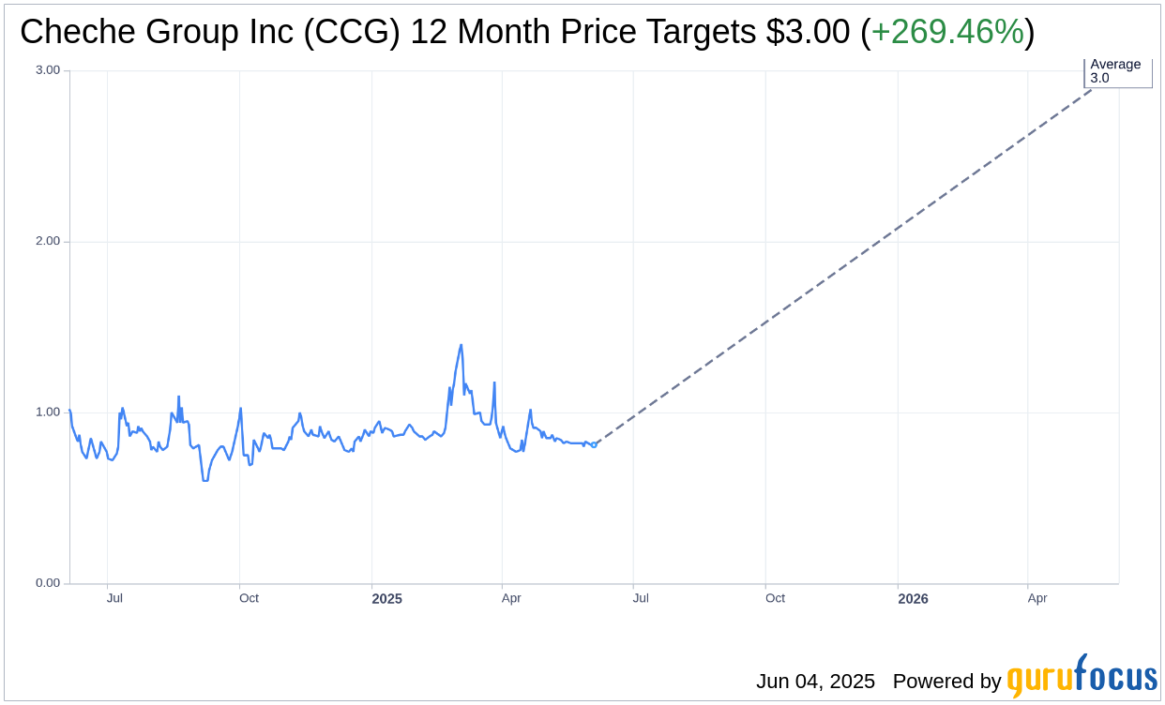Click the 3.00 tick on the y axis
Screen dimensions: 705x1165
(x=48, y=70)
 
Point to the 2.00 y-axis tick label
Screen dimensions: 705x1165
(x=48, y=241)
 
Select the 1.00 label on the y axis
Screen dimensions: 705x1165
(x=48, y=412)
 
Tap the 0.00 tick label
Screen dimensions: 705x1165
(x=48, y=583)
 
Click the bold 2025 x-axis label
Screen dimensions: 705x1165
(x=386, y=599)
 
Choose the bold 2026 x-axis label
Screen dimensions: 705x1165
(x=913, y=599)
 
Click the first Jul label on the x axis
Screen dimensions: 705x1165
(x=114, y=598)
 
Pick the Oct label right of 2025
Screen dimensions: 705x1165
(x=775, y=598)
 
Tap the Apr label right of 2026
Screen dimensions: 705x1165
(x=1037, y=598)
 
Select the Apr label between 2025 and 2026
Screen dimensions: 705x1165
(x=511, y=598)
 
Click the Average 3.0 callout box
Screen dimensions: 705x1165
(x=1117, y=72)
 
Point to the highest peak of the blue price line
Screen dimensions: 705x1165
(x=461, y=345)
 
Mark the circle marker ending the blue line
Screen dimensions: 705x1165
(x=594, y=444)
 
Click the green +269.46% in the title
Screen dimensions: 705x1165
(x=947, y=33)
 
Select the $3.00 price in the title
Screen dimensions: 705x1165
(x=808, y=33)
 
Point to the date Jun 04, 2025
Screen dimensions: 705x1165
(x=815, y=682)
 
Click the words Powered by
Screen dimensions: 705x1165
(x=946, y=682)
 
